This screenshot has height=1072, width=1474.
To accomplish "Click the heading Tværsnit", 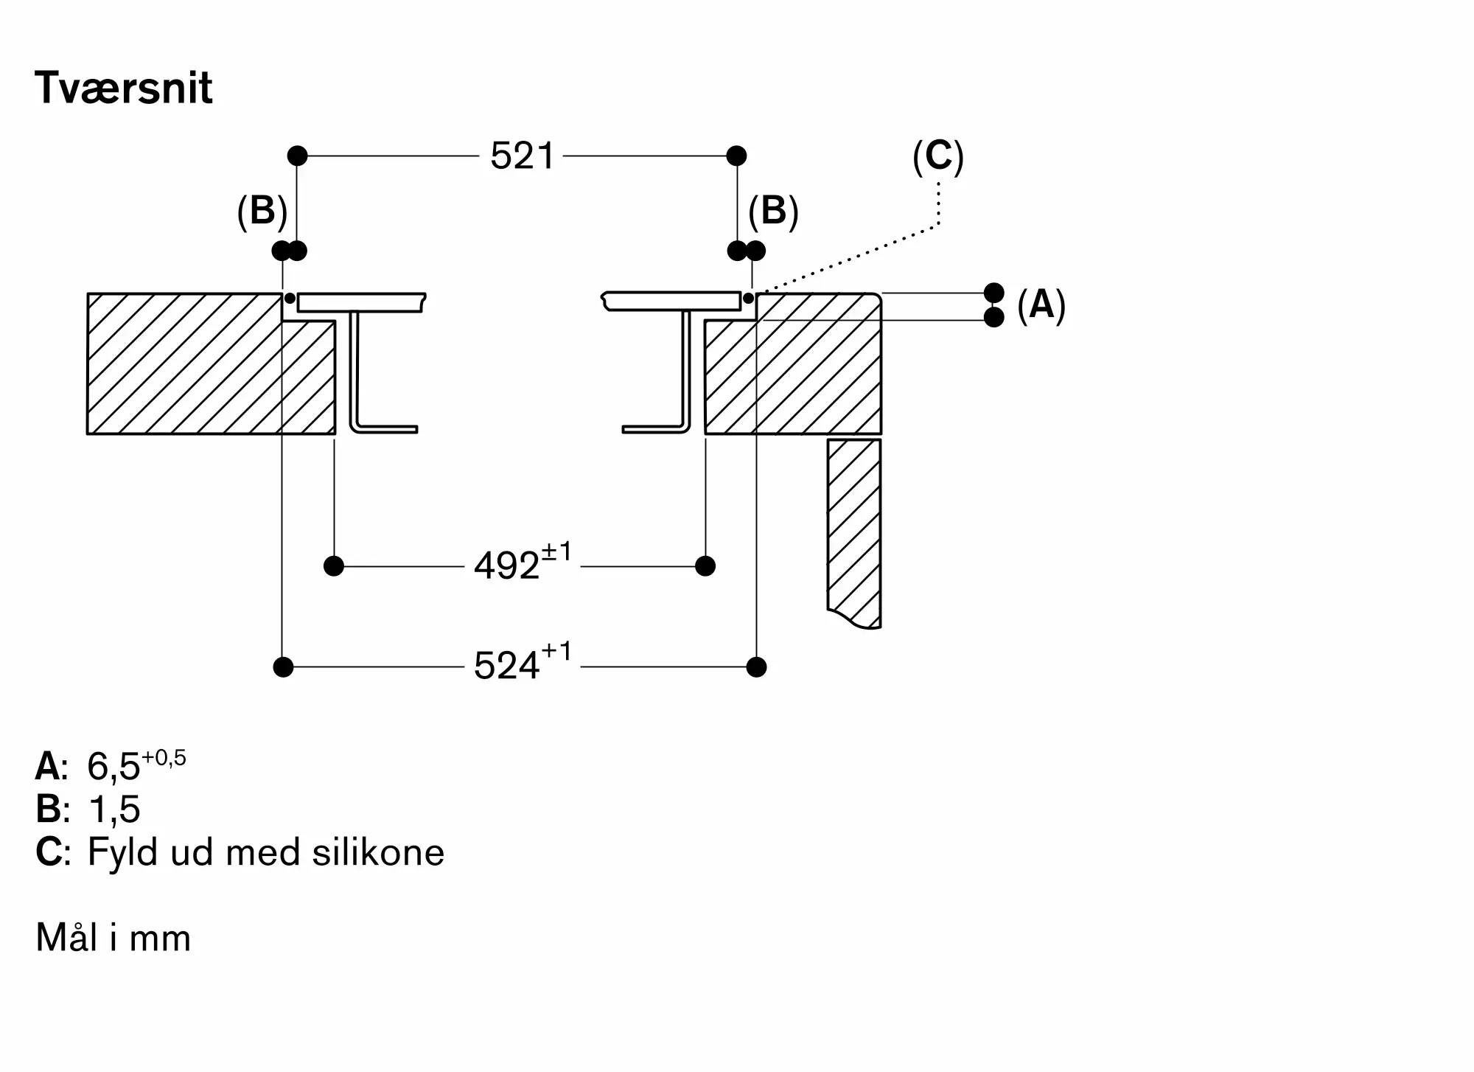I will point(123,88).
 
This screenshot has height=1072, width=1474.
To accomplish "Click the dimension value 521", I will point(521,156).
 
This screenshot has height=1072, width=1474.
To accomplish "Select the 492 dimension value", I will point(507,566).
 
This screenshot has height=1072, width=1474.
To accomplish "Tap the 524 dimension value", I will point(507,666).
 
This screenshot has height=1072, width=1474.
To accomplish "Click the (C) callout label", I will point(937,156).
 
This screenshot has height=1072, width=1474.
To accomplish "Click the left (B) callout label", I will point(262,212).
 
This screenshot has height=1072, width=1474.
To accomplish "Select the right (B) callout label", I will point(773,212).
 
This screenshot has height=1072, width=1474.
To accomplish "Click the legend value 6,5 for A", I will point(113,767).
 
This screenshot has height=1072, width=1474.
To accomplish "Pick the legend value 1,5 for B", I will point(113,810).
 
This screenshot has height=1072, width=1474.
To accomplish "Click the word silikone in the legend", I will point(378,853).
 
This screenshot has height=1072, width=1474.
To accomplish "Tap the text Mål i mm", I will point(113,938).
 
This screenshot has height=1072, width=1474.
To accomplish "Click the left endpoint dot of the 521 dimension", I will point(297,156).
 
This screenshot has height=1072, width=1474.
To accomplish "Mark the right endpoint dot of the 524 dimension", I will point(756,667).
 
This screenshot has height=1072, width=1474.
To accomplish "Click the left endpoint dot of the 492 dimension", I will point(334,566).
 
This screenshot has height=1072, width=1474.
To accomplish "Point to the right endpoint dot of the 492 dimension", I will point(705,566).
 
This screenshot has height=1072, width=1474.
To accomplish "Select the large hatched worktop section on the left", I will point(184,363).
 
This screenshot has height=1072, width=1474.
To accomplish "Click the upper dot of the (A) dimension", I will point(994,293).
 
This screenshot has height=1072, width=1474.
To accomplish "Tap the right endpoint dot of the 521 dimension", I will point(736,156).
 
